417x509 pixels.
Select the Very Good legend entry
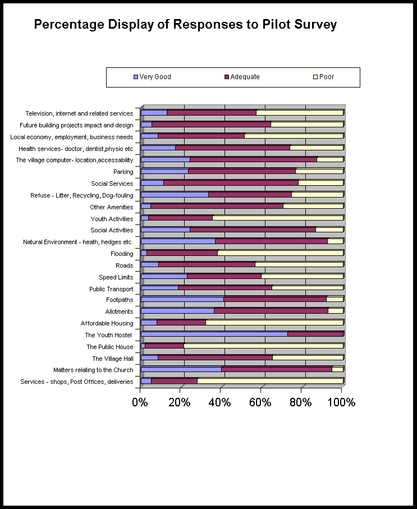pos(152,77)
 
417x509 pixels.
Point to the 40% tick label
pos(220,402)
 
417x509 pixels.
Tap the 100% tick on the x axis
pos(341,402)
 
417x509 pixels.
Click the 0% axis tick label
pos(140,402)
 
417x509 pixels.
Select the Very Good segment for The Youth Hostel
pos(214,334)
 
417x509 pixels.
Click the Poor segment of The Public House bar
pos(263,346)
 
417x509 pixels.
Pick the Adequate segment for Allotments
pos(271,311)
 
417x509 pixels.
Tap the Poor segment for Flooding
pos(280,253)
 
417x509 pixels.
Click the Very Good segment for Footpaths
pos(182,300)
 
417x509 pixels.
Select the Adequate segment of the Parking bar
pos(241,172)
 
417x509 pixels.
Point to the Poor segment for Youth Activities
pos(277,218)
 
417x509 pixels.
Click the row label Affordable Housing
pos(107,323)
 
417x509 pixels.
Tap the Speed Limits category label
pos(116,277)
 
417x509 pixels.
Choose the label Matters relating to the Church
pos(93,370)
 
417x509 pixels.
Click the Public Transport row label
pos(111,289)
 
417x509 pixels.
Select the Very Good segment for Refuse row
pos(175,195)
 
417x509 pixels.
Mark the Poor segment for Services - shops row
pos(270,381)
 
